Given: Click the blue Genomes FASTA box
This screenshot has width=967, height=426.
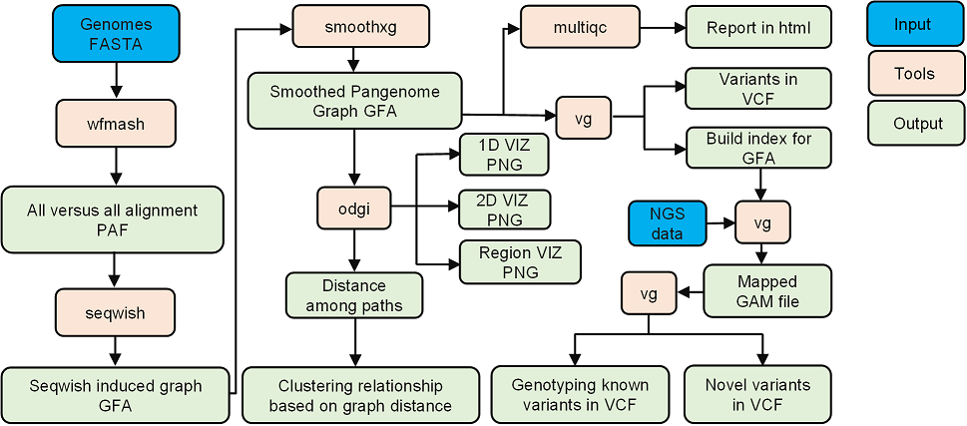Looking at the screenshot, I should (116, 33).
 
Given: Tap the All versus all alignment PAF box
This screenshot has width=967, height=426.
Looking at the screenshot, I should (113, 218).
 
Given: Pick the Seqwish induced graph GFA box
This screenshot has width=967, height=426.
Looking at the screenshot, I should (115, 395).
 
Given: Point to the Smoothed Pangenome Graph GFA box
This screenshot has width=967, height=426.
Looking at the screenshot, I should (354, 101).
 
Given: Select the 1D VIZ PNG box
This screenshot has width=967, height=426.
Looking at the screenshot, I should (504, 154).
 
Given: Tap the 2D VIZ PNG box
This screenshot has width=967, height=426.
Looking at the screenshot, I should (504, 210).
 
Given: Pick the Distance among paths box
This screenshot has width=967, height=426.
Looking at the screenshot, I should (355, 295).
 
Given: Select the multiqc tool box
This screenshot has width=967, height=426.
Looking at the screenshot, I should (580, 27).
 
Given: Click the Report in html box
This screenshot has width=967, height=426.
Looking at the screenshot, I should (758, 28).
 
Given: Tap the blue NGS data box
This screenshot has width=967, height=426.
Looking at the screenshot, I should (667, 224).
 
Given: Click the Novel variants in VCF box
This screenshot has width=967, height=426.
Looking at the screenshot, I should (757, 394).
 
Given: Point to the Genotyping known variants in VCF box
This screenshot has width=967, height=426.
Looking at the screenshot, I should (580, 394).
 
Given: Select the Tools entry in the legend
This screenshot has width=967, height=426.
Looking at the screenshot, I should (914, 73).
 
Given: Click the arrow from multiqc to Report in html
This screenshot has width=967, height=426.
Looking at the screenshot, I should (662, 28).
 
